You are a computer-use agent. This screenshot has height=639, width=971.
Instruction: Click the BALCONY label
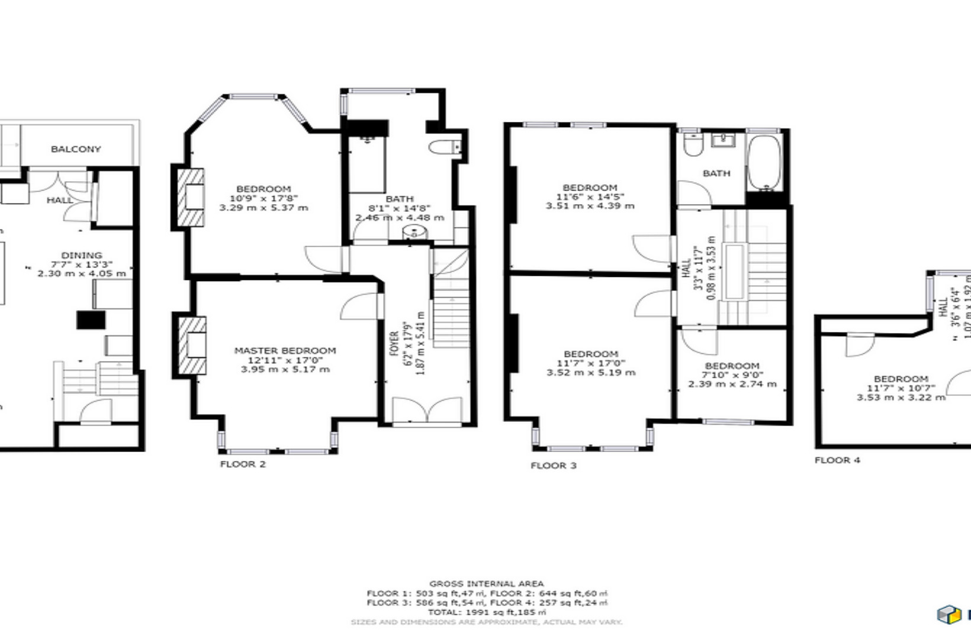(76, 149)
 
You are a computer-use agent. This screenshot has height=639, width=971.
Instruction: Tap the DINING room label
(82, 255)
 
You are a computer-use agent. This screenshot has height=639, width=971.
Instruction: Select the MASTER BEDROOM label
(285, 350)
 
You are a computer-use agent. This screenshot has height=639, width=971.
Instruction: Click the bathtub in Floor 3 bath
(764, 162)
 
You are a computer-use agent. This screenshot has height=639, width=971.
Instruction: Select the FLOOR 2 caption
(243, 464)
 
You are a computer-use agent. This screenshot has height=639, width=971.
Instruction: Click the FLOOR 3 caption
(553, 466)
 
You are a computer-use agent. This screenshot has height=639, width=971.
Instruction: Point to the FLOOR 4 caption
(837, 460)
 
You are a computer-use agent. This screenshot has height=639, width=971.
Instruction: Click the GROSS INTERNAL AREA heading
(486, 584)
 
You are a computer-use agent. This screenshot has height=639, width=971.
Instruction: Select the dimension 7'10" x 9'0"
(732, 375)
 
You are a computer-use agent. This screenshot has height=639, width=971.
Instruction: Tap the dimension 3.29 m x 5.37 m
(263, 208)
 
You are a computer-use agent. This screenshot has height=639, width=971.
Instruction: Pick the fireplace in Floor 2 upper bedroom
(191, 197)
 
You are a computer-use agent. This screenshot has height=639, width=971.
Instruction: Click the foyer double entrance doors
(427, 412)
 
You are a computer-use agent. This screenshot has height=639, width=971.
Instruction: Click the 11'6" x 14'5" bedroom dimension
(590, 196)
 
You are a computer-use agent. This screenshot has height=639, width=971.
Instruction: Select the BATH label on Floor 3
(716, 173)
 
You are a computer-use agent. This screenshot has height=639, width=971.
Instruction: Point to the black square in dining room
(91, 320)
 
